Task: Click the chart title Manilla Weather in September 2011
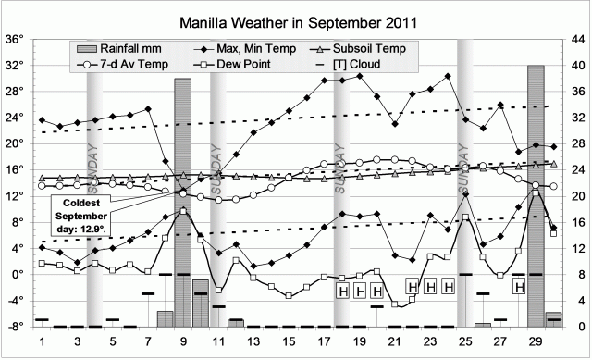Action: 296,19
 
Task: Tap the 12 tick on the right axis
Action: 574,248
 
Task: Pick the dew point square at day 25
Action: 466,217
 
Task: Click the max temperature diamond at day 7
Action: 148,109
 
